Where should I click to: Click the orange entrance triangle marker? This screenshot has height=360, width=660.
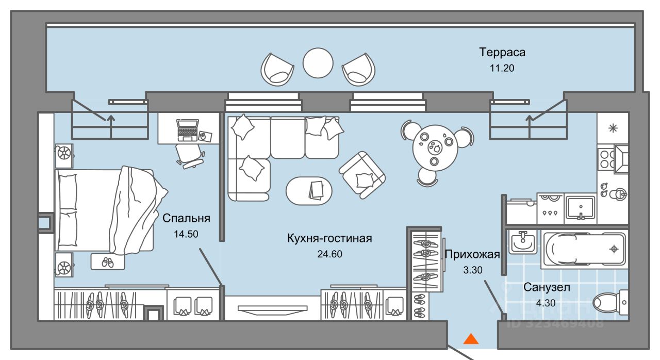470,339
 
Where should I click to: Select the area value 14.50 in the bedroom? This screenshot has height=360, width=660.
186,234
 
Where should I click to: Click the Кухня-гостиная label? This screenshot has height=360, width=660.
329,238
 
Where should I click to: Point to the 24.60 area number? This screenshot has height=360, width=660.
329,253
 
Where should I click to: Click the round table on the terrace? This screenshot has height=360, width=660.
318,63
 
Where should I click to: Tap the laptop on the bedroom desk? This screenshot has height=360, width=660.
187,129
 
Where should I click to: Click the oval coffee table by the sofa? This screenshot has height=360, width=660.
309,189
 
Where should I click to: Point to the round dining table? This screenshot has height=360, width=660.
435,145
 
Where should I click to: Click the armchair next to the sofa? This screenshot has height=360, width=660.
362,174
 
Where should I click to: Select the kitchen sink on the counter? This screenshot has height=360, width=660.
581,207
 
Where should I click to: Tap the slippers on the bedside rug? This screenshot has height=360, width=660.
108,261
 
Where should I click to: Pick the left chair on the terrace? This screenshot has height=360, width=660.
277,69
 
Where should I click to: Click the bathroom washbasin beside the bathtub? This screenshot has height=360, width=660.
523,240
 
